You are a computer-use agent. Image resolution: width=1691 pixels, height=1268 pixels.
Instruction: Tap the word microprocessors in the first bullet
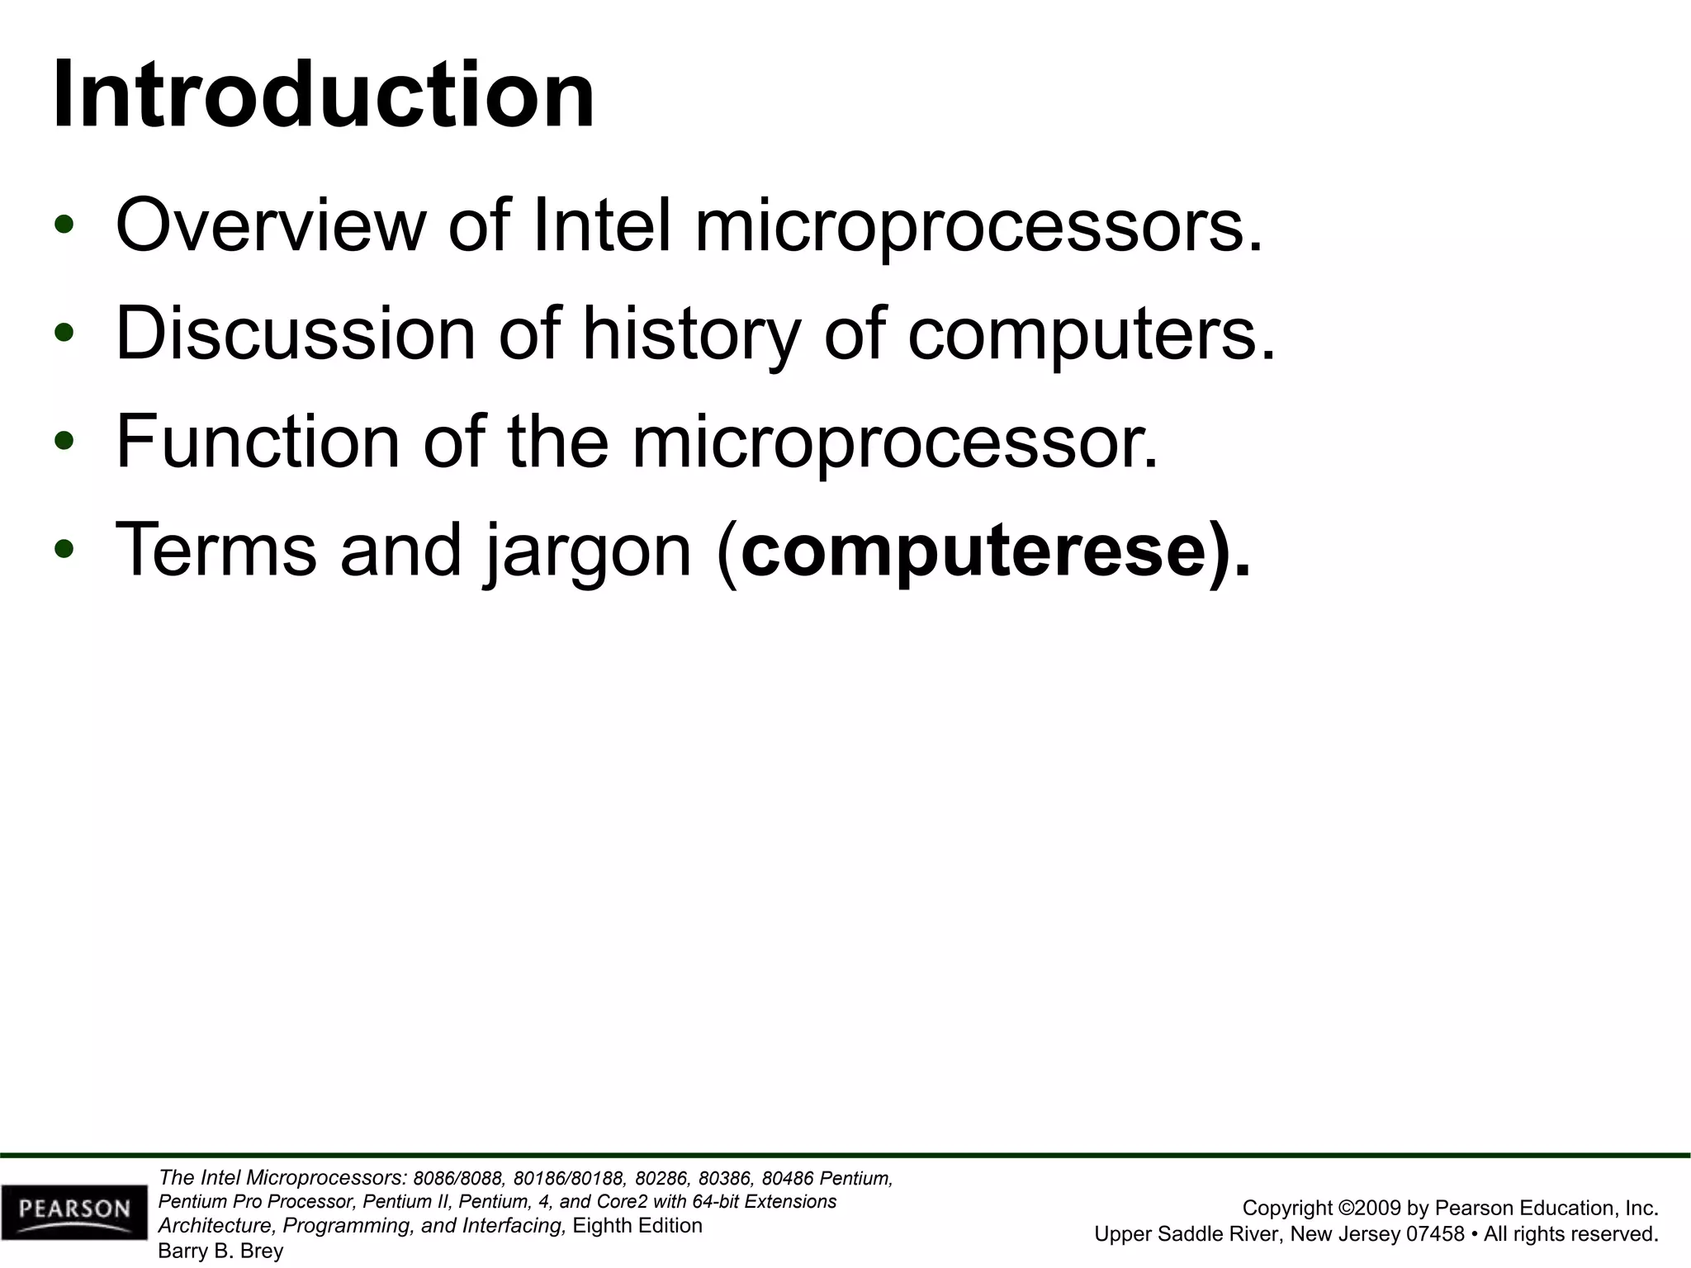(x=979, y=227)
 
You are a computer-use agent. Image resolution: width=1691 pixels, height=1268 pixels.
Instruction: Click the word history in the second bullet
(x=691, y=335)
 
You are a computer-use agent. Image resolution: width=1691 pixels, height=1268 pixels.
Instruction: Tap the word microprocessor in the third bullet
(x=895, y=444)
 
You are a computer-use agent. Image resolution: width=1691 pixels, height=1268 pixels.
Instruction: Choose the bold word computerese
(x=974, y=551)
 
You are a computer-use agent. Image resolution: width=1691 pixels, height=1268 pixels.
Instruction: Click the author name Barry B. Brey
(x=220, y=1251)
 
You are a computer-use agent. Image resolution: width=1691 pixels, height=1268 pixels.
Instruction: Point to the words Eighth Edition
(x=637, y=1226)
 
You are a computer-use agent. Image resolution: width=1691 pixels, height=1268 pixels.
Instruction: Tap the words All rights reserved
(x=1571, y=1234)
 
